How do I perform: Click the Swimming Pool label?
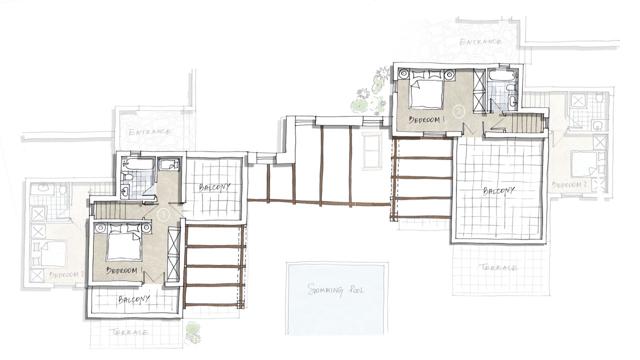pyautogui.click(x=335, y=290)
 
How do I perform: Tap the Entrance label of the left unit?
pyautogui.click(x=149, y=132)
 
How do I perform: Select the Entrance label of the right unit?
pyautogui.click(x=480, y=42)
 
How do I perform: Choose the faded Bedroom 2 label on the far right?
pyautogui.click(x=569, y=185)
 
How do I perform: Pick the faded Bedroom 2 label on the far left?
pyautogui.click(x=67, y=275)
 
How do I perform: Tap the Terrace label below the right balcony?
pyautogui.click(x=497, y=267)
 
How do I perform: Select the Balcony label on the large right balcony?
pyautogui.click(x=498, y=191)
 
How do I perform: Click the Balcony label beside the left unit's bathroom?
pyautogui.click(x=214, y=187)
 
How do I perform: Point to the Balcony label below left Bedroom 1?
pyautogui.click(x=133, y=299)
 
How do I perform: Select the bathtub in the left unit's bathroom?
pyautogui.click(x=137, y=163)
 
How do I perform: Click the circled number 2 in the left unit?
pyautogui.click(x=163, y=214)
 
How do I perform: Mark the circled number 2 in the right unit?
pyautogui.click(x=459, y=111)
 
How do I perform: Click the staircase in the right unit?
pyautogui.click(x=524, y=123)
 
